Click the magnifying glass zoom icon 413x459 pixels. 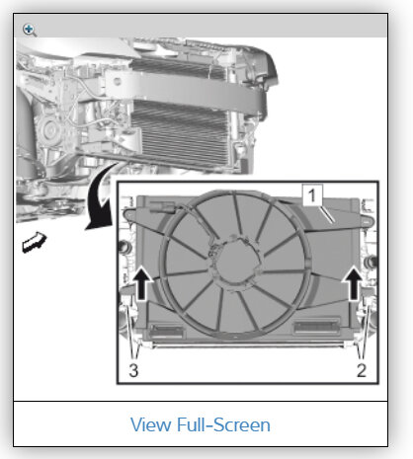(x=30, y=30)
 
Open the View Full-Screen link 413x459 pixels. (x=201, y=424)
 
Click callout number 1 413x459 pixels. (x=312, y=195)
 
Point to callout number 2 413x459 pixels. (x=362, y=370)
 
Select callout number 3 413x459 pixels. (x=133, y=370)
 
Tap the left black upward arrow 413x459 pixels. (x=141, y=283)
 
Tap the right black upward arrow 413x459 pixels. (x=354, y=283)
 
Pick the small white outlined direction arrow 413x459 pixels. (x=34, y=242)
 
